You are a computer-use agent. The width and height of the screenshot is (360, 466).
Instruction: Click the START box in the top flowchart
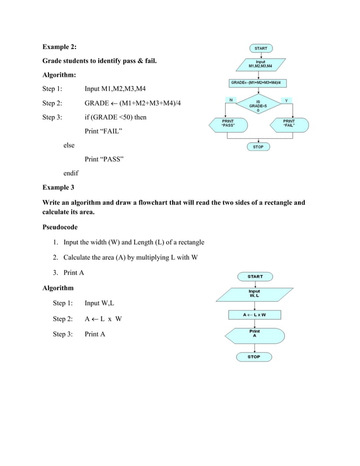(261, 49)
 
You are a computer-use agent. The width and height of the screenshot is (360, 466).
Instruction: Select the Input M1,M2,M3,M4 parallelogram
(260, 64)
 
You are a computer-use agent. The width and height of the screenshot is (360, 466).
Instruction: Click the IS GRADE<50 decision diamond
(258, 105)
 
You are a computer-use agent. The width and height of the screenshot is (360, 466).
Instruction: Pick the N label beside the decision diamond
(230, 100)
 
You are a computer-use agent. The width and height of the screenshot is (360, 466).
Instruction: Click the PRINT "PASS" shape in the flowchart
(228, 124)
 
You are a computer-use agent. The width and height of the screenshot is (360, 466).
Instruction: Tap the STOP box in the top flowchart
(258, 147)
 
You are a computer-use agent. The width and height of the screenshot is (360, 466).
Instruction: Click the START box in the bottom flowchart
(255, 276)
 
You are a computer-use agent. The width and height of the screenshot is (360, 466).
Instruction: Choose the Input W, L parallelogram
(254, 294)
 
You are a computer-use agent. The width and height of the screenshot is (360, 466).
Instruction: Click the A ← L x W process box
(254, 314)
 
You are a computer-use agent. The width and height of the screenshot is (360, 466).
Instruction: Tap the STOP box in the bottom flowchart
(254, 357)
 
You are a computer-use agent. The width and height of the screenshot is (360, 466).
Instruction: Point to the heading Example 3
(58, 186)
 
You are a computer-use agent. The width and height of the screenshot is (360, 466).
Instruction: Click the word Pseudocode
(60, 227)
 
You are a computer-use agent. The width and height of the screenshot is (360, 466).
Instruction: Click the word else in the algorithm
(68, 145)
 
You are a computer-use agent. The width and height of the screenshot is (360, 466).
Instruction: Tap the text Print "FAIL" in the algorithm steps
(104, 131)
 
